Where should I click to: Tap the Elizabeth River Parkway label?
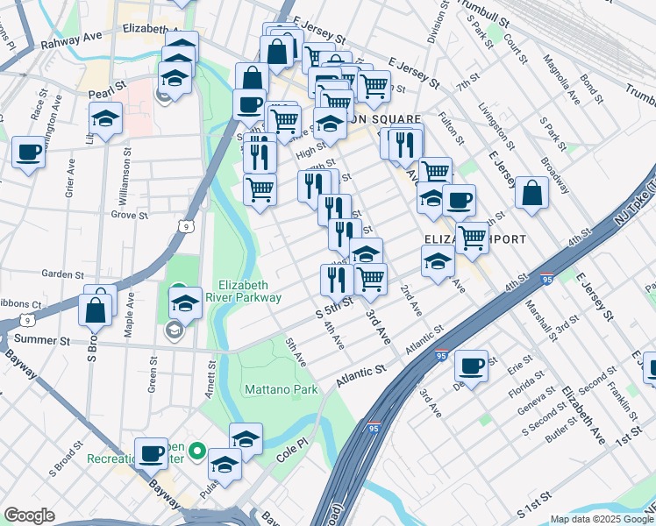pyautogui.click(x=250, y=291)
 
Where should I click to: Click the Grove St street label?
pyautogui.click(x=129, y=214)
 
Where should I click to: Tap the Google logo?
pyautogui.click(x=28, y=515)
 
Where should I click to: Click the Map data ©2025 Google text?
pyautogui.click(x=602, y=519)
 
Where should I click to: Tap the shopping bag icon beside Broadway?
pyautogui.click(x=532, y=192)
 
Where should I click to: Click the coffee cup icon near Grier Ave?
pyautogui.click(x=29, y=153)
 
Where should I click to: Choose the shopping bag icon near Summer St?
pyautogui.click(x=95, y=309)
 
